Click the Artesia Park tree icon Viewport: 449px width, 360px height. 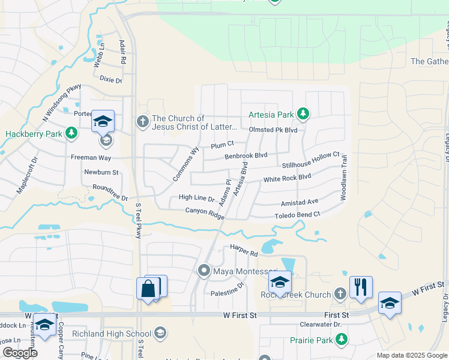304,113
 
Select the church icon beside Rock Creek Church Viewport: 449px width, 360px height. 340,294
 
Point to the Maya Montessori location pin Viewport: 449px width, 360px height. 203,271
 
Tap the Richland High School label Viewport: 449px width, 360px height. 112,334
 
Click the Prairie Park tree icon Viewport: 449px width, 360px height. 342,340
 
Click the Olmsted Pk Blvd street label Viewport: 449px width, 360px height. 273,130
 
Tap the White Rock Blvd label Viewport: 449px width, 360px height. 288,178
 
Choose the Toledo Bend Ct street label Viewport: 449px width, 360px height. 297,214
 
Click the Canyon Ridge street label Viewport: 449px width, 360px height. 205,211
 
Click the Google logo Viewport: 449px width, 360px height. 20,353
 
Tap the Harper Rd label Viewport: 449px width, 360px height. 244,247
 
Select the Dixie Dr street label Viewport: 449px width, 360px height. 110,80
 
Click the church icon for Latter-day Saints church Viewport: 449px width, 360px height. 143,121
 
